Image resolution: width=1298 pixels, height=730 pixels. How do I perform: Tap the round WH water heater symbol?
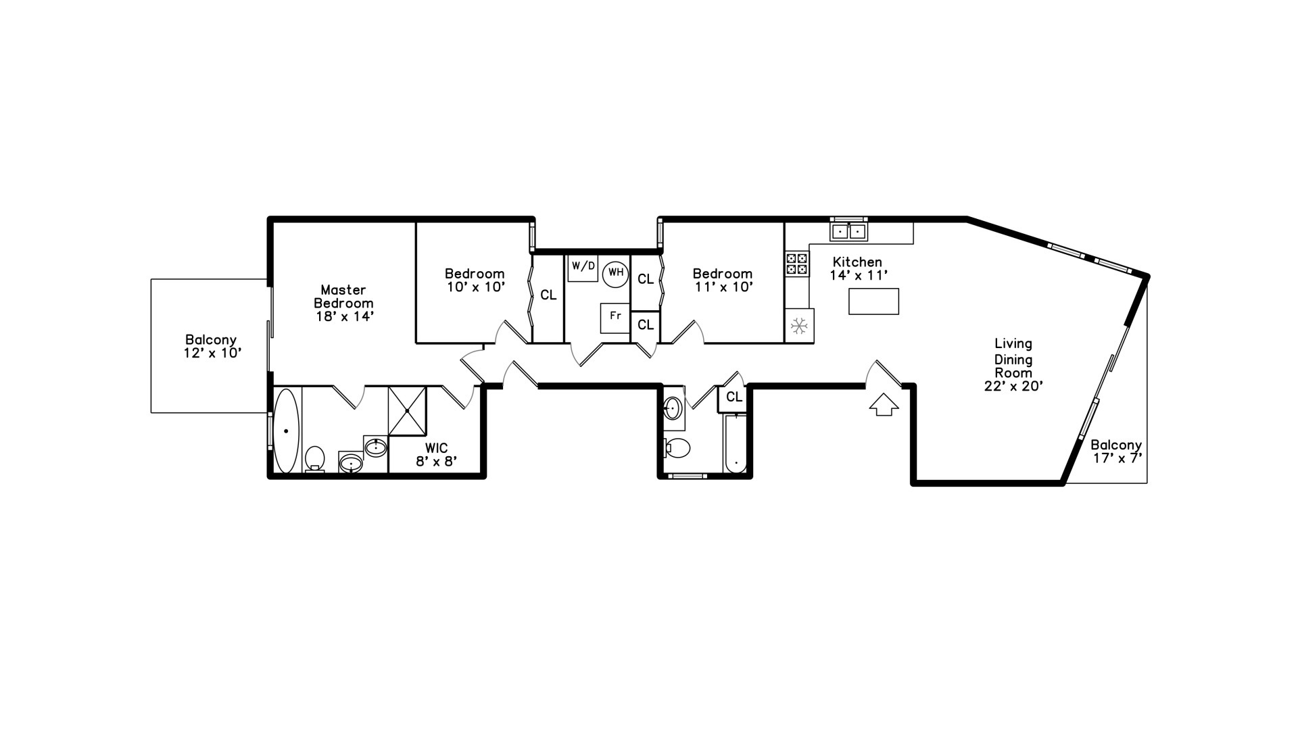point(615,274)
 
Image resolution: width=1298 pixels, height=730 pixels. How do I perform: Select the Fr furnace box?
point(615,318)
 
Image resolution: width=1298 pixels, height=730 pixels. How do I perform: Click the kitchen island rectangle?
point(873,301)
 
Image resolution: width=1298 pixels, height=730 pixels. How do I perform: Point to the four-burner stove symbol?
point(796,264)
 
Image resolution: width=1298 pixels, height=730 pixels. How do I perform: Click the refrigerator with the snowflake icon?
point(799,326)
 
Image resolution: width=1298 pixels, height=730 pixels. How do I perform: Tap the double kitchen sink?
point(848,231)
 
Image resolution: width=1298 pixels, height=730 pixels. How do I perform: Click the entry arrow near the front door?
point(884,404)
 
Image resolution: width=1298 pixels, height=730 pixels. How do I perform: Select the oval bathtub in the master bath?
point(287,431)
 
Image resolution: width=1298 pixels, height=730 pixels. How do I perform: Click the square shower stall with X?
point(408,411)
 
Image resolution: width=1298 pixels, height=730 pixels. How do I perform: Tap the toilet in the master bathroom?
point(314,458)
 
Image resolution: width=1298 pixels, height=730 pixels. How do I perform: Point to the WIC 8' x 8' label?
point(436,455)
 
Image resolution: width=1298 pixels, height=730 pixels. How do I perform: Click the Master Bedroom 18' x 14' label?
point(343,303)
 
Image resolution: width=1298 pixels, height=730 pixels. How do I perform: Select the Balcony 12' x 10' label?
point(211,346)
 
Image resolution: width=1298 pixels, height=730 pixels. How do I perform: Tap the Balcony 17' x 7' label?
point(1116,452)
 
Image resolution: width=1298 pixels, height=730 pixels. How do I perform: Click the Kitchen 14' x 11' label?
point(857,268)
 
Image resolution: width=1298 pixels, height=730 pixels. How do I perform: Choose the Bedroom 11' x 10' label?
point(722,280)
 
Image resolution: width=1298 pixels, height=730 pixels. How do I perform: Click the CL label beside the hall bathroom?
point(734,397)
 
